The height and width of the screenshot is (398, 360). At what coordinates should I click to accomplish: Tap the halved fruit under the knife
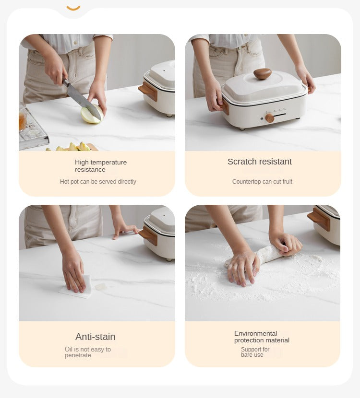tap(92, 115)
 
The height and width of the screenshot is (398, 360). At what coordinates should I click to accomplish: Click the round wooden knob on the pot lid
tap(263, 74)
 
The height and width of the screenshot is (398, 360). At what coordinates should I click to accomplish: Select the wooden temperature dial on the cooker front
tap(270, 118)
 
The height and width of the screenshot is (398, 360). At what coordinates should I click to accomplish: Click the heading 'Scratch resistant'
tap(259, 162)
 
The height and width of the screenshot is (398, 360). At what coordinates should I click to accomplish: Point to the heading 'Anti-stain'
tap(95, 337)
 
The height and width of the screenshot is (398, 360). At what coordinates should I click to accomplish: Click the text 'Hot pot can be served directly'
tap(98, 181)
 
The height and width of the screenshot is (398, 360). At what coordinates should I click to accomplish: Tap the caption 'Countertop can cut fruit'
tap(262, 181)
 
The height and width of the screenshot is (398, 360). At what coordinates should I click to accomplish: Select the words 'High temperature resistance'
tap(101, 166)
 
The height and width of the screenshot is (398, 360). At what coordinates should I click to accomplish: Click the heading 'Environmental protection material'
tap(262, 337)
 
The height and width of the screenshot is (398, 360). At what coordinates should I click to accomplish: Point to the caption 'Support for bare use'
tap(255, 352)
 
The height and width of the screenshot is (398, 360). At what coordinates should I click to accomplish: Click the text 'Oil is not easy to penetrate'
tap(88, 352)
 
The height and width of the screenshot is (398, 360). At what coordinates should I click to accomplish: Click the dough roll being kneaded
tap(264, 255)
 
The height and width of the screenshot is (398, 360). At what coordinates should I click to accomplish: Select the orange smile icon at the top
tap(73, 8)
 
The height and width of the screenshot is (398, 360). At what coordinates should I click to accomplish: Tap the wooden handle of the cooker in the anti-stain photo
tap(148, 236)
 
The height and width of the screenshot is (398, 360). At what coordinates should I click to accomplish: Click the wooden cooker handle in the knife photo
tap(148, 91)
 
